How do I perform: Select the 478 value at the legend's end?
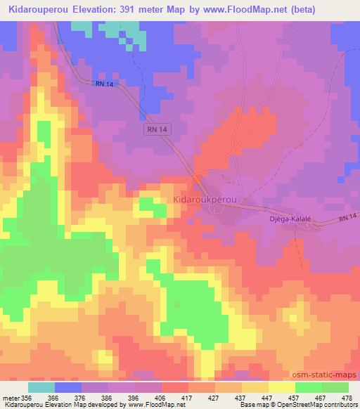point(346,398)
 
